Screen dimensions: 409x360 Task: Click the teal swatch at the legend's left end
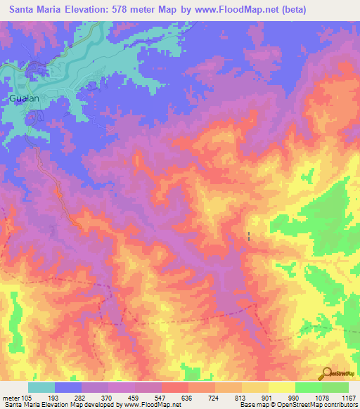(41, 387)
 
